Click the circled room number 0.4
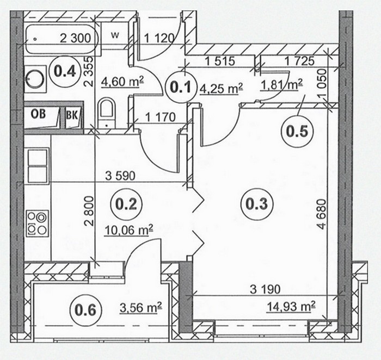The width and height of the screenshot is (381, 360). [65, 71]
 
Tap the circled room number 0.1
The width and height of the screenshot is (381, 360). [181, 88]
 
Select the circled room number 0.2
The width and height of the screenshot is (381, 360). [126, 204]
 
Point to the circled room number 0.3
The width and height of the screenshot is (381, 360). [257, 204]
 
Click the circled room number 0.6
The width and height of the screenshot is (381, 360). [85, 310]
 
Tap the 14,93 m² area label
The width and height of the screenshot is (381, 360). [291, 307]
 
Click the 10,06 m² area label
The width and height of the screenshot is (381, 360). [128, 229]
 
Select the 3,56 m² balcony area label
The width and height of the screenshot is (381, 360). [141, 307]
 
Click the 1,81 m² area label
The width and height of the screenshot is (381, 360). [281, 85]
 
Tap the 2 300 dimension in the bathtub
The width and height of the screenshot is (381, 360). [76, 38]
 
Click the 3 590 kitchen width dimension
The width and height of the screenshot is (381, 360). [120, 176]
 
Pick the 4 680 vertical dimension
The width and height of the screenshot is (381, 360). [322, 214]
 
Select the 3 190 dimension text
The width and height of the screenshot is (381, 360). [265, 289]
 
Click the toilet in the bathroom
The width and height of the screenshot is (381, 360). [107, 113]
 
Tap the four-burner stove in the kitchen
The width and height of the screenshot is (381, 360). [38, 224]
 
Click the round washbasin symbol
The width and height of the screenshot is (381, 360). [35, 79]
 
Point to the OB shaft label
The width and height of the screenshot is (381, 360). [38, 114]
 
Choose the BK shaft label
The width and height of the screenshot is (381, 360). [72, 115]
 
